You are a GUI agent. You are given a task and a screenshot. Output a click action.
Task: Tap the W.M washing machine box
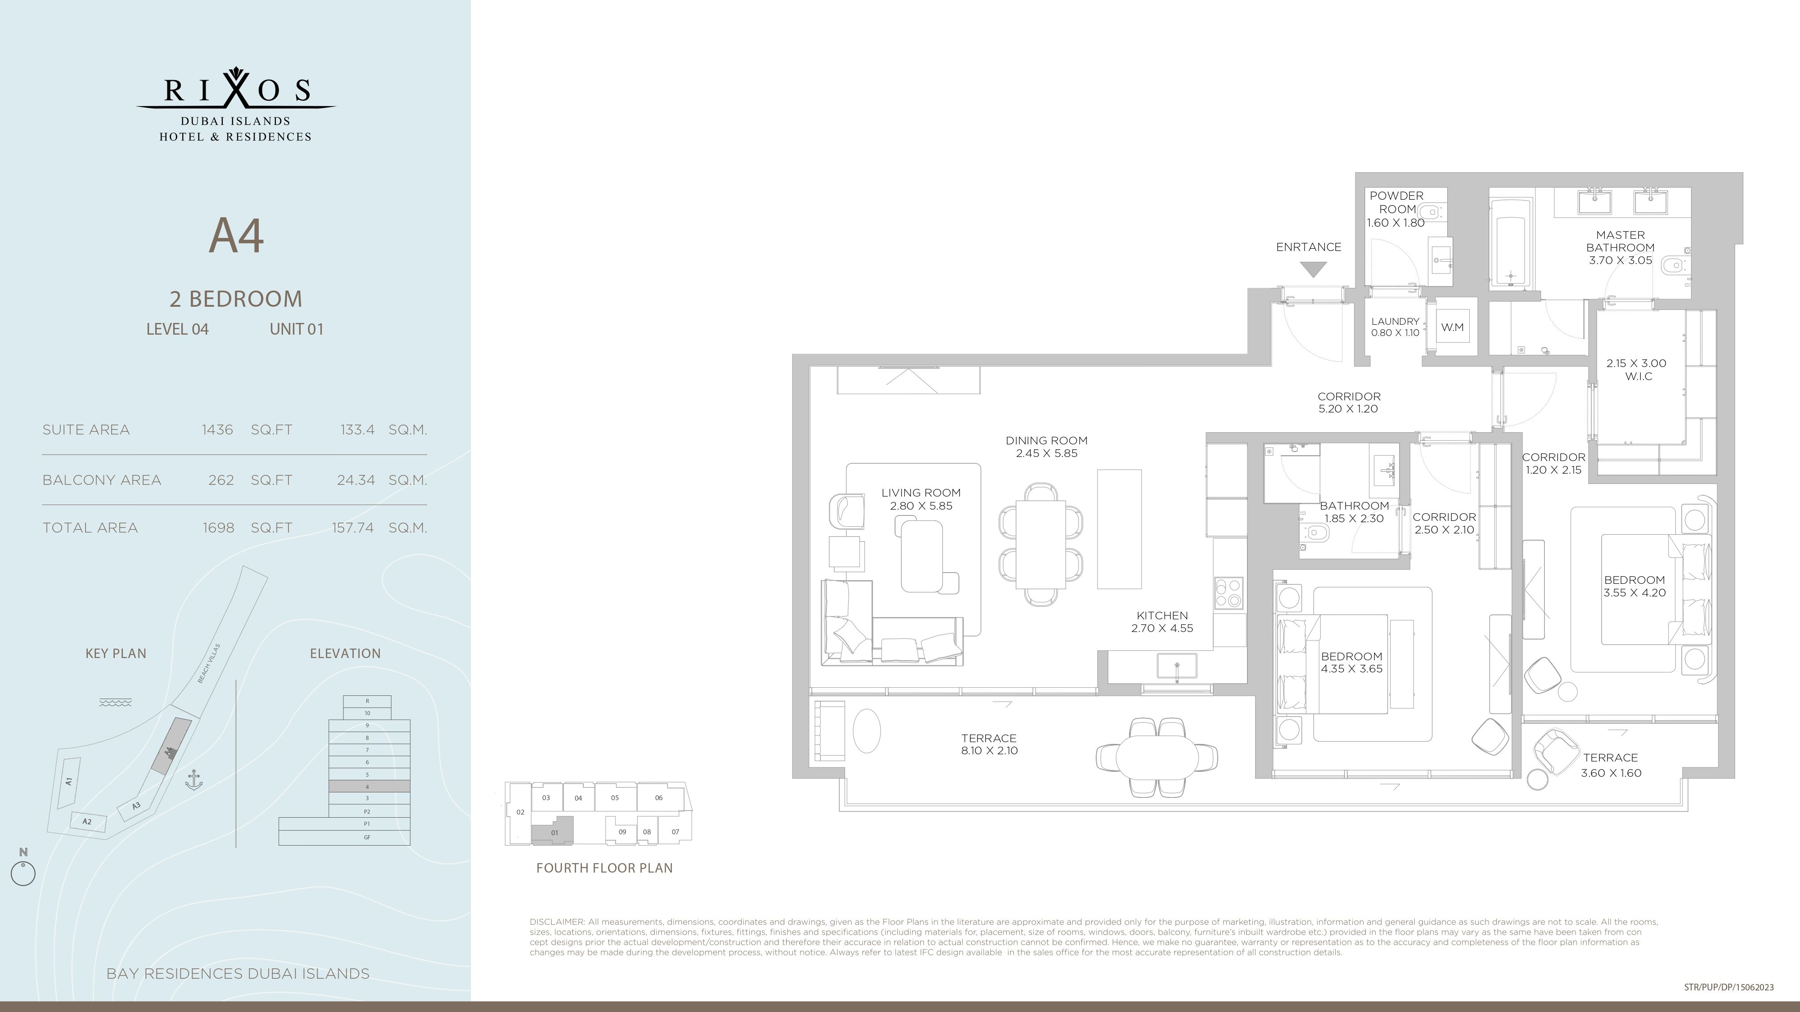point(1453,327)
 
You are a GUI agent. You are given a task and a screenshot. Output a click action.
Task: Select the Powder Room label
point(1396,202)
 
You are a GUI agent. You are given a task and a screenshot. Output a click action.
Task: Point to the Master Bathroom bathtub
point(1510,242)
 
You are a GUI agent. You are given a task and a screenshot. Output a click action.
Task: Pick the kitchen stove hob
point(1229,593)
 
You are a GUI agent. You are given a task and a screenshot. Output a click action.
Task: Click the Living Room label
point(921,493)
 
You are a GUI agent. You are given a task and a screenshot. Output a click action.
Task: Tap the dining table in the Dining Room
point(1040,544)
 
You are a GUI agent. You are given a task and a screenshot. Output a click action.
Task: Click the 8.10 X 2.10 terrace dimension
point(989,751)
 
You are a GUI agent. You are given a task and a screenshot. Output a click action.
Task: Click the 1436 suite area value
point(217,430)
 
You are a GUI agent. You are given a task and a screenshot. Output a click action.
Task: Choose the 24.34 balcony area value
point(355,480)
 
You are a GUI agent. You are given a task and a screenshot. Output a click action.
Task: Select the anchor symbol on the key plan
point(193,780)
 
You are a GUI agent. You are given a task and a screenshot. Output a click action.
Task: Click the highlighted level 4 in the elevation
point(369,786)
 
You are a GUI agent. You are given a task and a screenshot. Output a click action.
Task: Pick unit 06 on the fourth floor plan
point(659,797)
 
